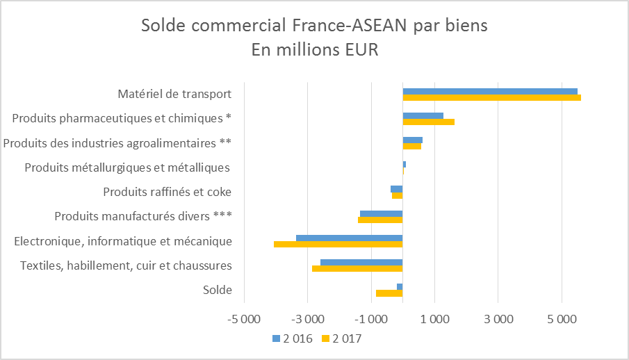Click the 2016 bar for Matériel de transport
[x=490, y=91]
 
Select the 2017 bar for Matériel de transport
[x=491, y=97]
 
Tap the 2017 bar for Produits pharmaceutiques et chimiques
[x=428, y=122]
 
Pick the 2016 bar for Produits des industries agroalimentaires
[x=412, y=140]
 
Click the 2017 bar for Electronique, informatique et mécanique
[x=338, y=244]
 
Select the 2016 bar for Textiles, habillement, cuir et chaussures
[x=361, y=262]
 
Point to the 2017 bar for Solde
[x=389, y=293]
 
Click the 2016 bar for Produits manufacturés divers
[x=381, y=213]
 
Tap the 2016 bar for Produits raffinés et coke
[x=396, y=189]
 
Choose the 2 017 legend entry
[x=342, y=338]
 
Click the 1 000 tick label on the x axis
[x=435, y=320]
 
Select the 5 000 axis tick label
[x=562, y=320]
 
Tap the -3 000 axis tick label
[x=308, y=320]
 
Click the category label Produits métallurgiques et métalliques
[x=128, y=167]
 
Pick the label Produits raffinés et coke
[x=168, y=192]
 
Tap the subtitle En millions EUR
[x=314, y=50]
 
